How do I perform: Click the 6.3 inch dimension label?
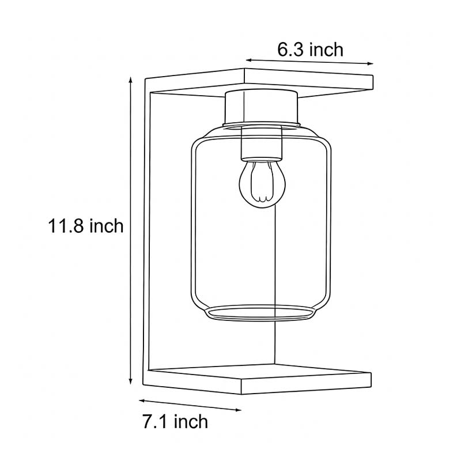pos(310,50)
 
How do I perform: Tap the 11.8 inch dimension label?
pos(86,226)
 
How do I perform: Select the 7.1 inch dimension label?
pos(175,422)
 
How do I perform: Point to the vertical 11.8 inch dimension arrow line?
pos(131,231)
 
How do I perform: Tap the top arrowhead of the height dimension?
pos(131,81)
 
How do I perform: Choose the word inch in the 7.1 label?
pos(191,422)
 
